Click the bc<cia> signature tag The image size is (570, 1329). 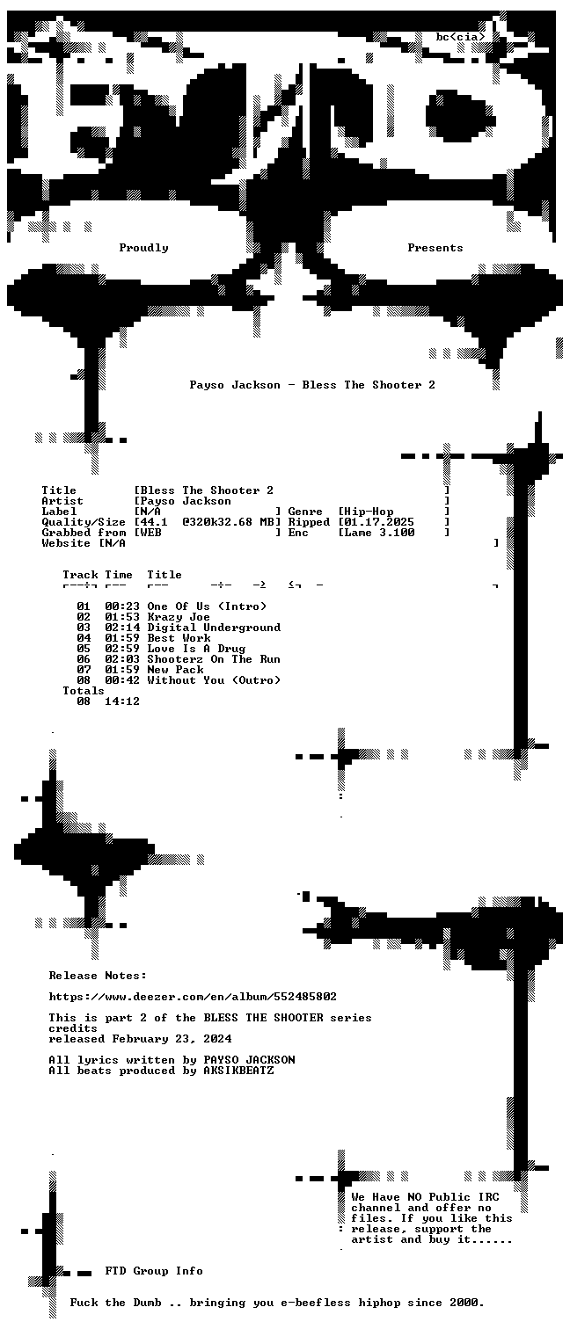(x=460, y=37)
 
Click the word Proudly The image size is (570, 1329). (x=143, y=248)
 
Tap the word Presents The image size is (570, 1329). (x=435, y=248)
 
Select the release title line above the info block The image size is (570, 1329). (x=312, y=385)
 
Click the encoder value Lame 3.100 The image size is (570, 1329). (x=379, y=533)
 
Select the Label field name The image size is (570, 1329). (x=60, y=512)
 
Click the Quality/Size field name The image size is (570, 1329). (x=84, y=523)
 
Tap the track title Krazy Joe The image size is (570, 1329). (x=179, y=617)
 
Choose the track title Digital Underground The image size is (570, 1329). (x=214, y=628)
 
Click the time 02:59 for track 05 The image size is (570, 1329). (x=122, y=649)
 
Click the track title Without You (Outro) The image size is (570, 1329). (x=214, y=680)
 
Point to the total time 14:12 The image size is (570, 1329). (x=122, y=701)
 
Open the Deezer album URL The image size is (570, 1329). (x=193, y=997)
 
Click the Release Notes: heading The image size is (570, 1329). (x=98, y=976)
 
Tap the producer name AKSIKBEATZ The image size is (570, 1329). (x=238, y=1071)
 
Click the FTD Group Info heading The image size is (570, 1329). (x=155, y=1271)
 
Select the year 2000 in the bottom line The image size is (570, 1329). (x=464, y=1303)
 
